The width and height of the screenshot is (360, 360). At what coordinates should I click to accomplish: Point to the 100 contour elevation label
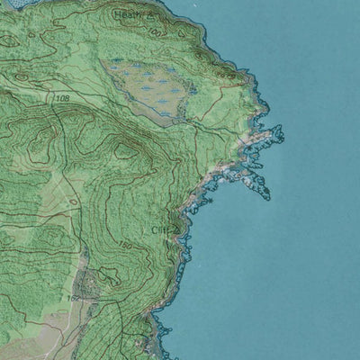(157, 31)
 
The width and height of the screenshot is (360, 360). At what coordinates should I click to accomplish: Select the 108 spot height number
(62, 97)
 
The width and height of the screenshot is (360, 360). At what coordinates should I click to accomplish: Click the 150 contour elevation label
(125, 245)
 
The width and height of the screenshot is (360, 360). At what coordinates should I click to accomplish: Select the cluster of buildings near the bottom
(89, 286)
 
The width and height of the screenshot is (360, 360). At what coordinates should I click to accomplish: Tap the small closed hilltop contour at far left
(9, 40)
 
